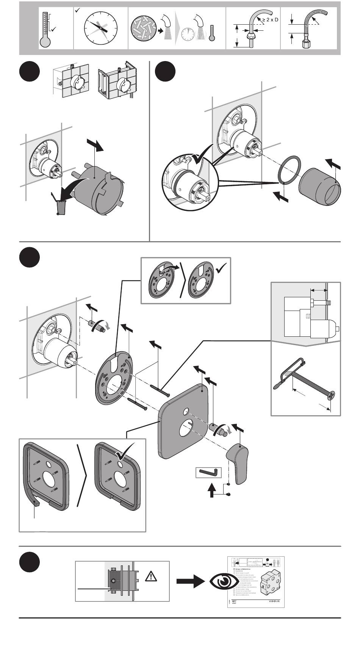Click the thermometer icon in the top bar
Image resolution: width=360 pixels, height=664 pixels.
(45, 30)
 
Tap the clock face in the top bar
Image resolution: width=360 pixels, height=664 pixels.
(101, 28)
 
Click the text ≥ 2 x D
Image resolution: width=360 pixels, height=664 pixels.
(270, 19)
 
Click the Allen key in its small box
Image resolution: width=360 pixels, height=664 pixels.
(208, 472)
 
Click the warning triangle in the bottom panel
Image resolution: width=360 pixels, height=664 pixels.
(151, 577)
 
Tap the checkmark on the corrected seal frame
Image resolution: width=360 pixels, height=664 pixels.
(125, 451)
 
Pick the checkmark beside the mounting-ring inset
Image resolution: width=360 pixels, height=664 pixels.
(221, 270)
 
